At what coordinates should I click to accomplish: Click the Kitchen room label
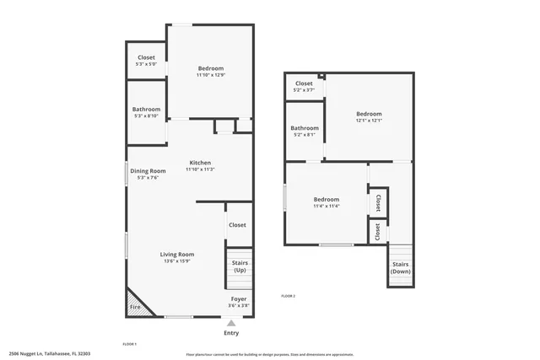click(200, 163)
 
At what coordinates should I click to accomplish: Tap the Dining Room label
click(148, 171)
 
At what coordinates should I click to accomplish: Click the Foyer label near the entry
click(240, 299)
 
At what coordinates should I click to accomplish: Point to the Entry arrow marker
click(231, 322)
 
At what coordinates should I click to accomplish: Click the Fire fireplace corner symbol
click(135, 307)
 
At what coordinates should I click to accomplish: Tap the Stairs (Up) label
click(240, 266)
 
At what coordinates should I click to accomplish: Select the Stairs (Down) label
click(401, 267)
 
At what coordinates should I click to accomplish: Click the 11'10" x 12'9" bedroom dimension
click(211, 75)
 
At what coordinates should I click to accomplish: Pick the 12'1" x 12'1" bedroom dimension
click(369, 121)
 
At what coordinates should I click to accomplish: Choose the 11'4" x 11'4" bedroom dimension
click(327, 206)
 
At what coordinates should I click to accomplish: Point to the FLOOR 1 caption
click(130, 344)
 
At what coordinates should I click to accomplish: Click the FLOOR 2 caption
click(289, 296)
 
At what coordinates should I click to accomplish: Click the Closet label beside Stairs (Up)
click(237, 225)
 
